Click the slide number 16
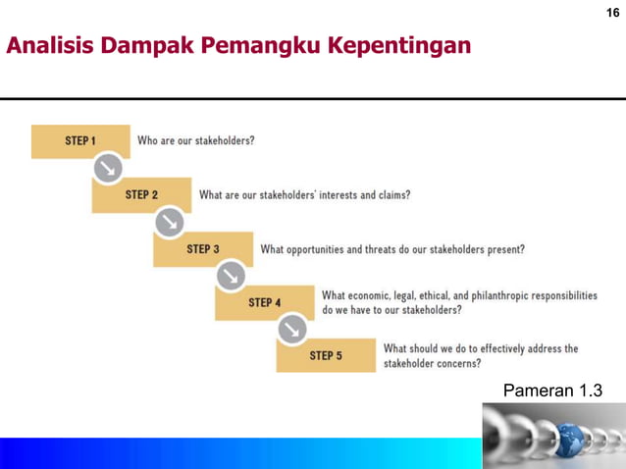612,13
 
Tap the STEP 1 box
80,141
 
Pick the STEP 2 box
141,195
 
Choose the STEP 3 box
203,249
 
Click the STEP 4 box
264,302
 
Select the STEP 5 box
326,355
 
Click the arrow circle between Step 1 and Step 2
108,169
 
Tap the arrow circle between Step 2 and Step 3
169,223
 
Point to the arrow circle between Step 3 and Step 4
231,276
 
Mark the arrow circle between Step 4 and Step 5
292,330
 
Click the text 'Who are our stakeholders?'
196,141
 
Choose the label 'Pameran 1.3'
552,391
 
